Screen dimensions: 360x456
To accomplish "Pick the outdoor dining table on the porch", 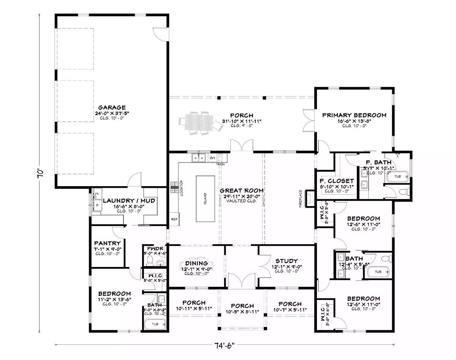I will tap(200, 122).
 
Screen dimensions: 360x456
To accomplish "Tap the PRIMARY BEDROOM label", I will tap(354, 115).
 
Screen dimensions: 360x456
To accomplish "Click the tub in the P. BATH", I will tap(397, 177).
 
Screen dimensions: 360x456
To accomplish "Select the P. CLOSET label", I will tap(337, 181).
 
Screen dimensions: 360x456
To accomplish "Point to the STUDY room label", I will tap(287, 261).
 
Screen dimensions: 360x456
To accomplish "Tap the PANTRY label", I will tap(108, 243).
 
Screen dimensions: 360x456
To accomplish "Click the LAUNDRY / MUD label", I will tap(129, 201).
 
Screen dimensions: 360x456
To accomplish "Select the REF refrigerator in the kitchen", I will tap(174, 219).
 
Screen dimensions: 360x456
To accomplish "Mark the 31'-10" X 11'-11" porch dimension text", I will tap(242, 121).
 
